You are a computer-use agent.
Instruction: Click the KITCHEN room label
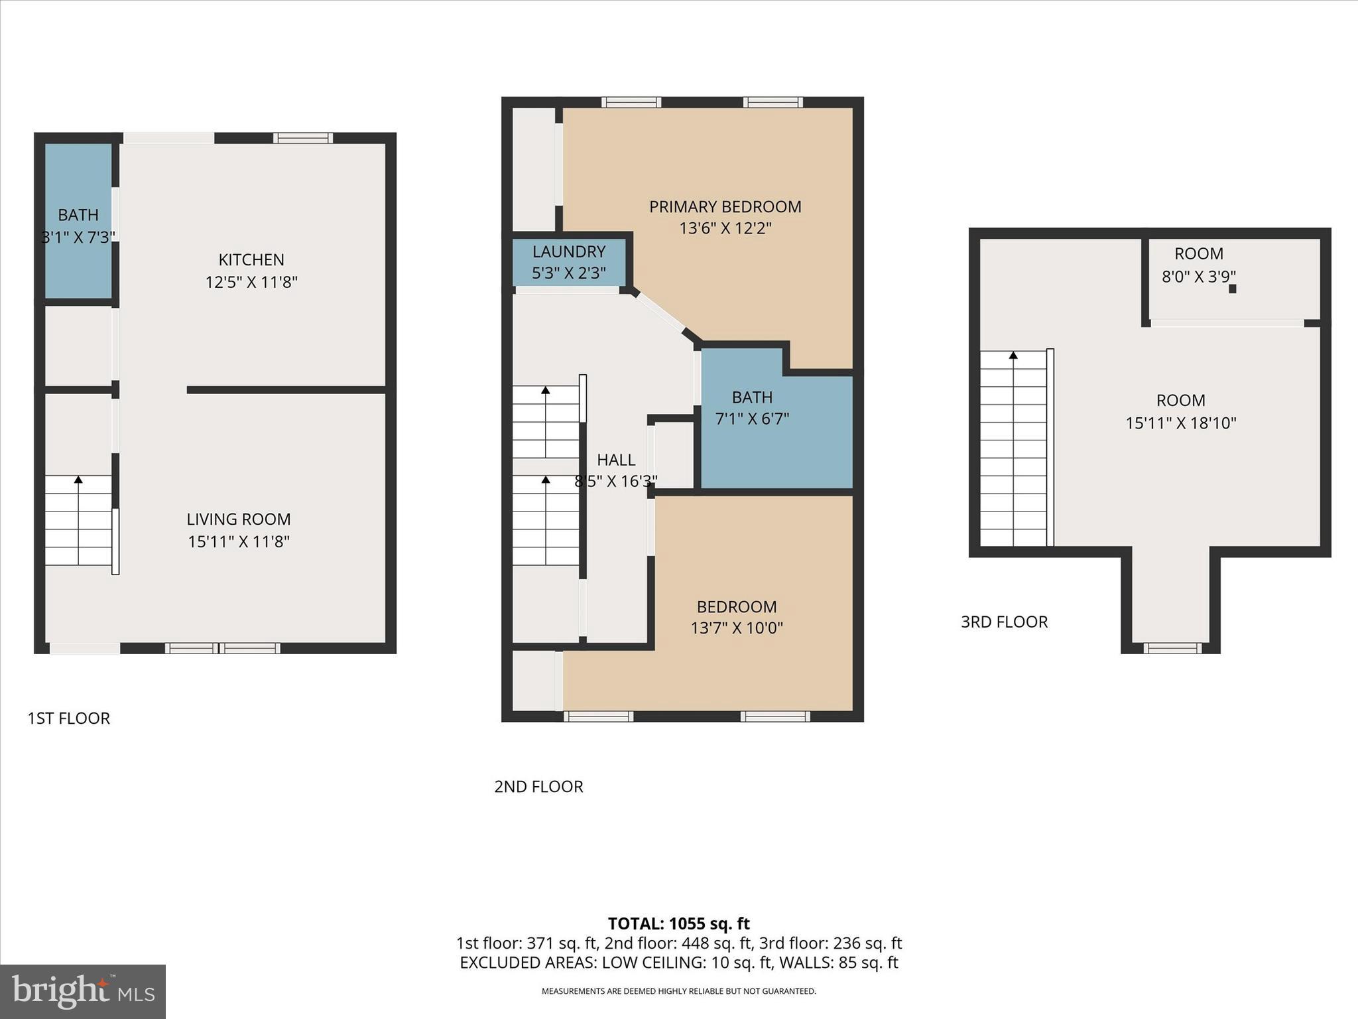[x=251, y=259]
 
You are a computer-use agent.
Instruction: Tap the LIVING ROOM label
[x=238, y=519]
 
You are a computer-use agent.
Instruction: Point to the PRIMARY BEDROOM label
[x=725, y=207]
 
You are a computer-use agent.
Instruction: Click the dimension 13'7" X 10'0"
[x=737, y=628]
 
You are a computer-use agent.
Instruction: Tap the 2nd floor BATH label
[x=752, y=397]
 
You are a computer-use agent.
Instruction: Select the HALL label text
[x=616, y=460]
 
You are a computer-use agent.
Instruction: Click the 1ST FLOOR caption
[x=68, y=718]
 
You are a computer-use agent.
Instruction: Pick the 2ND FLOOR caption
[x=538, y=787]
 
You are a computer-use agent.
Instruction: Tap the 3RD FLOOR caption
[x=1004, y=622]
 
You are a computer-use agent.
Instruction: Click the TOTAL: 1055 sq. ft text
[x=678, y=923]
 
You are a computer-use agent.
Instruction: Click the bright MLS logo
[x=83, y=992]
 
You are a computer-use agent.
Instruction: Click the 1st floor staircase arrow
[x=78, y=480]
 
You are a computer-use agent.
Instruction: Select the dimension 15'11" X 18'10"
[x=1180, y=423]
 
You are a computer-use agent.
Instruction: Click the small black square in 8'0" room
[x=1232, y=289]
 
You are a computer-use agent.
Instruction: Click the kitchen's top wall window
[x=303, y=138]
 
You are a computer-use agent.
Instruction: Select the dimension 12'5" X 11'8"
[x=251, y=283]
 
